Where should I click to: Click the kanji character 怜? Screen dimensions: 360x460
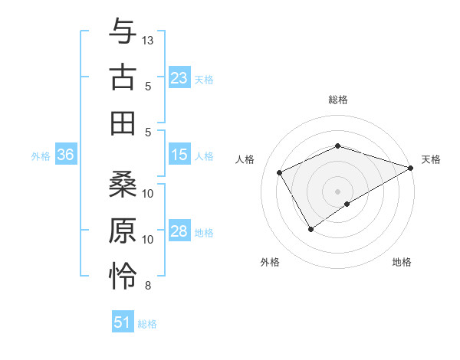point(123,277)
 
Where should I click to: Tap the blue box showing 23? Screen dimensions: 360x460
point(179,78)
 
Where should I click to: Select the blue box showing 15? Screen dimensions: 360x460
point(179,155)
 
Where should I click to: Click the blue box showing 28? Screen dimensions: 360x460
point(179,231)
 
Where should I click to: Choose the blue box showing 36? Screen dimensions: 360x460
point(65,155)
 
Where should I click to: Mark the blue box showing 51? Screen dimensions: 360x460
point(123,322)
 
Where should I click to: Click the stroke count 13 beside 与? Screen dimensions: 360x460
point(148,39)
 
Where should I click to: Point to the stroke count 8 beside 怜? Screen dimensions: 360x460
point(148,286)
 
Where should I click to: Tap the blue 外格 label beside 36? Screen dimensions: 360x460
point(41,155)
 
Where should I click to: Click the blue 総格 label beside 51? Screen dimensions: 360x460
point(147,324)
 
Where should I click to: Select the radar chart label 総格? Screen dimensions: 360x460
point(338,100)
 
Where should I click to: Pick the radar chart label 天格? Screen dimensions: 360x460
point(431,159)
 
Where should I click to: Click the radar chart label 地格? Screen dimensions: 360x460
point(402,263)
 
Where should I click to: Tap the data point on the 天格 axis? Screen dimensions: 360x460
point(411,168)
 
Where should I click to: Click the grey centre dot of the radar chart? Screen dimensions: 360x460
point(338,191)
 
